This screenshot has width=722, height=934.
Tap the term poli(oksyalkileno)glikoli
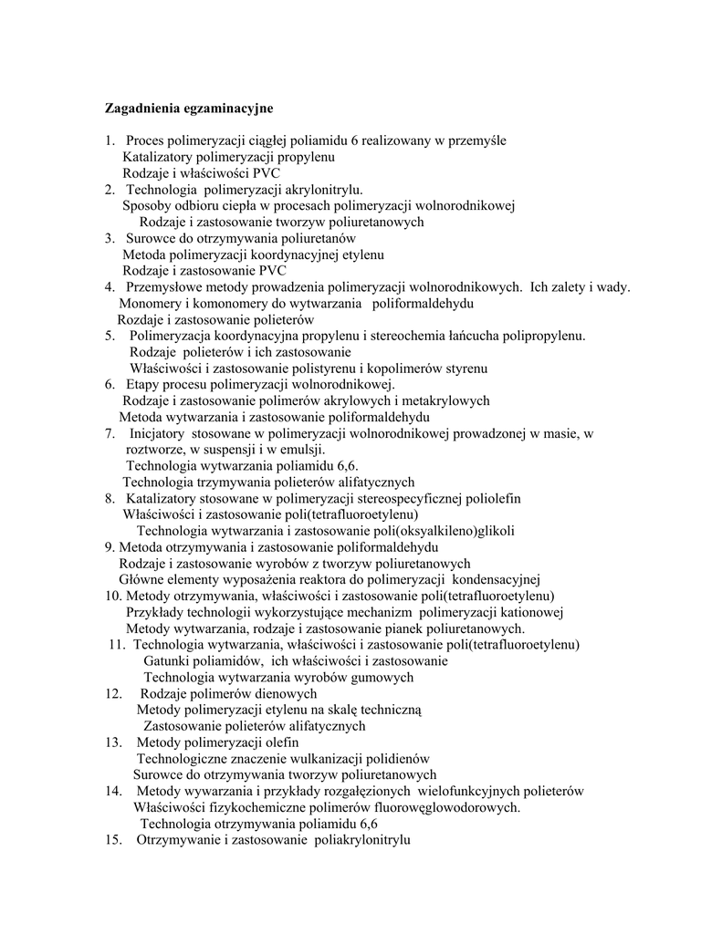pyautogui.click(x=445, y=531)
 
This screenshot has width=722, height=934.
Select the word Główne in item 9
pyautogui.click(x=140, y=578)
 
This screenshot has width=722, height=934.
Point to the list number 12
pyautogui.click(x=113, y=693)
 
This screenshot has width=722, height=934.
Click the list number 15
pyautogui.click(x=113, y=839)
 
